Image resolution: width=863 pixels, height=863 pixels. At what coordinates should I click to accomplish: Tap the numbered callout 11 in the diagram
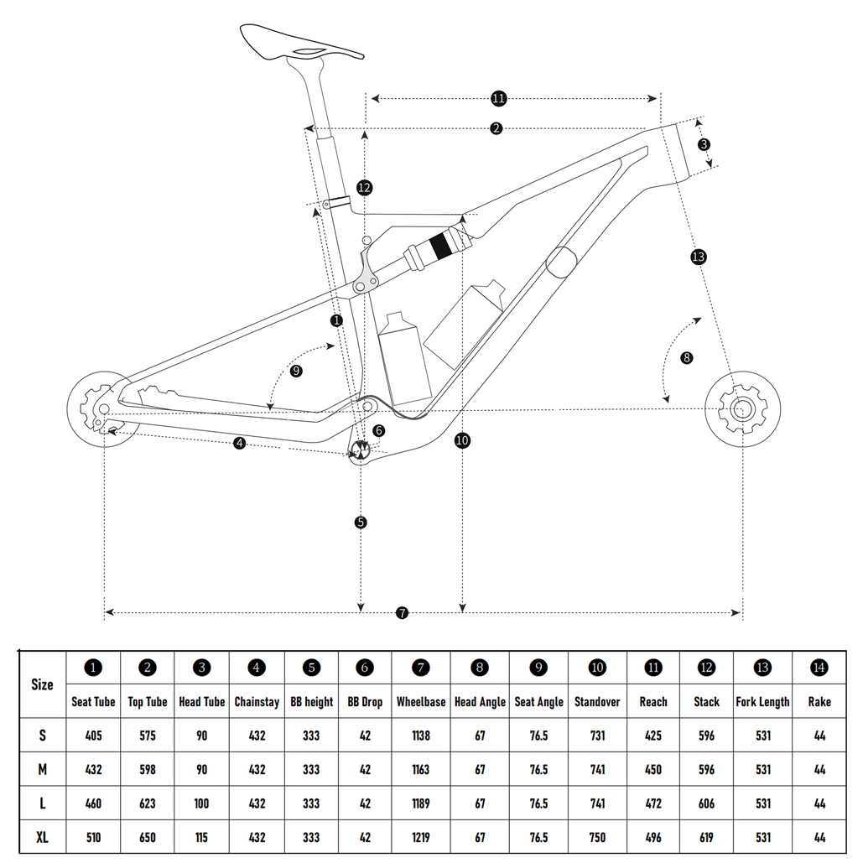coord(498,99)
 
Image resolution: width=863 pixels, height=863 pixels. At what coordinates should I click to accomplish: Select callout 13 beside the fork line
coord(699,257)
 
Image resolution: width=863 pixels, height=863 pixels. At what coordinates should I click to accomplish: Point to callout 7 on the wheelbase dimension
coord(403,613)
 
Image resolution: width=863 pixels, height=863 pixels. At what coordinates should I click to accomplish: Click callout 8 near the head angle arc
coord(687,358)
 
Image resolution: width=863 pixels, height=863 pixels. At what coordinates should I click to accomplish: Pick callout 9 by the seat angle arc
coord(296,371)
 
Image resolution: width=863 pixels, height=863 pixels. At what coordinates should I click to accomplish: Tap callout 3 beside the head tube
coord(704,144)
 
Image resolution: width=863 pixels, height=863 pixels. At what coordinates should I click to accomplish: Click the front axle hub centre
coord(741,409)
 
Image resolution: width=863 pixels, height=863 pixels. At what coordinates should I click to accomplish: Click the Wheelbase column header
coord(421,702)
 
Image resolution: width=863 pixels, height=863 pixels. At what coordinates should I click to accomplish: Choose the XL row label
coord(42,838)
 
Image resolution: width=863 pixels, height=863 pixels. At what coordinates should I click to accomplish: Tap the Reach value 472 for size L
coord(652,803)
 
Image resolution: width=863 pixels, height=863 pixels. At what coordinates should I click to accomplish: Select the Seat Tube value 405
coord(93,736)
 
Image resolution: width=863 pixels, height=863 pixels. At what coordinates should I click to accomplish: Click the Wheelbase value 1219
coord(421,838)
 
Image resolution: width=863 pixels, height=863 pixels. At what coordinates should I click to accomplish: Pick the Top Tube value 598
coord(148,770)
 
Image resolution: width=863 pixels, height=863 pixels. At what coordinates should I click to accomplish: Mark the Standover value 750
coord(597,838)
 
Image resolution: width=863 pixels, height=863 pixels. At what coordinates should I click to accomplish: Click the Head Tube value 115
coord(201,838)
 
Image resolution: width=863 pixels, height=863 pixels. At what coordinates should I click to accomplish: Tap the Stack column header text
coord(706,702)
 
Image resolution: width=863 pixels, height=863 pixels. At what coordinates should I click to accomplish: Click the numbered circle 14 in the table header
coord(819,668)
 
